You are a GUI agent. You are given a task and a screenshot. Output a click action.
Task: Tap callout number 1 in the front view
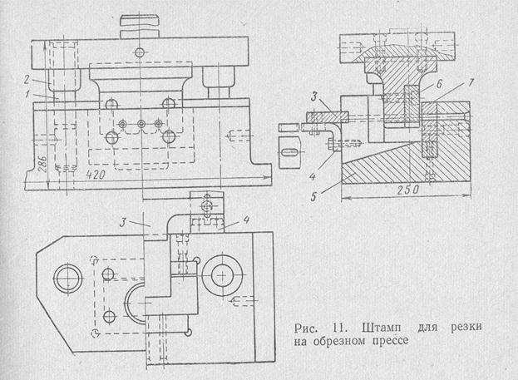(27, 95)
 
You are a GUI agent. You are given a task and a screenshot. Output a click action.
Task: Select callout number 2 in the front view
(27, 80)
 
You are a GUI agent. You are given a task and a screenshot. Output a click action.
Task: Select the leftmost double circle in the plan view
(64, 275)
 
